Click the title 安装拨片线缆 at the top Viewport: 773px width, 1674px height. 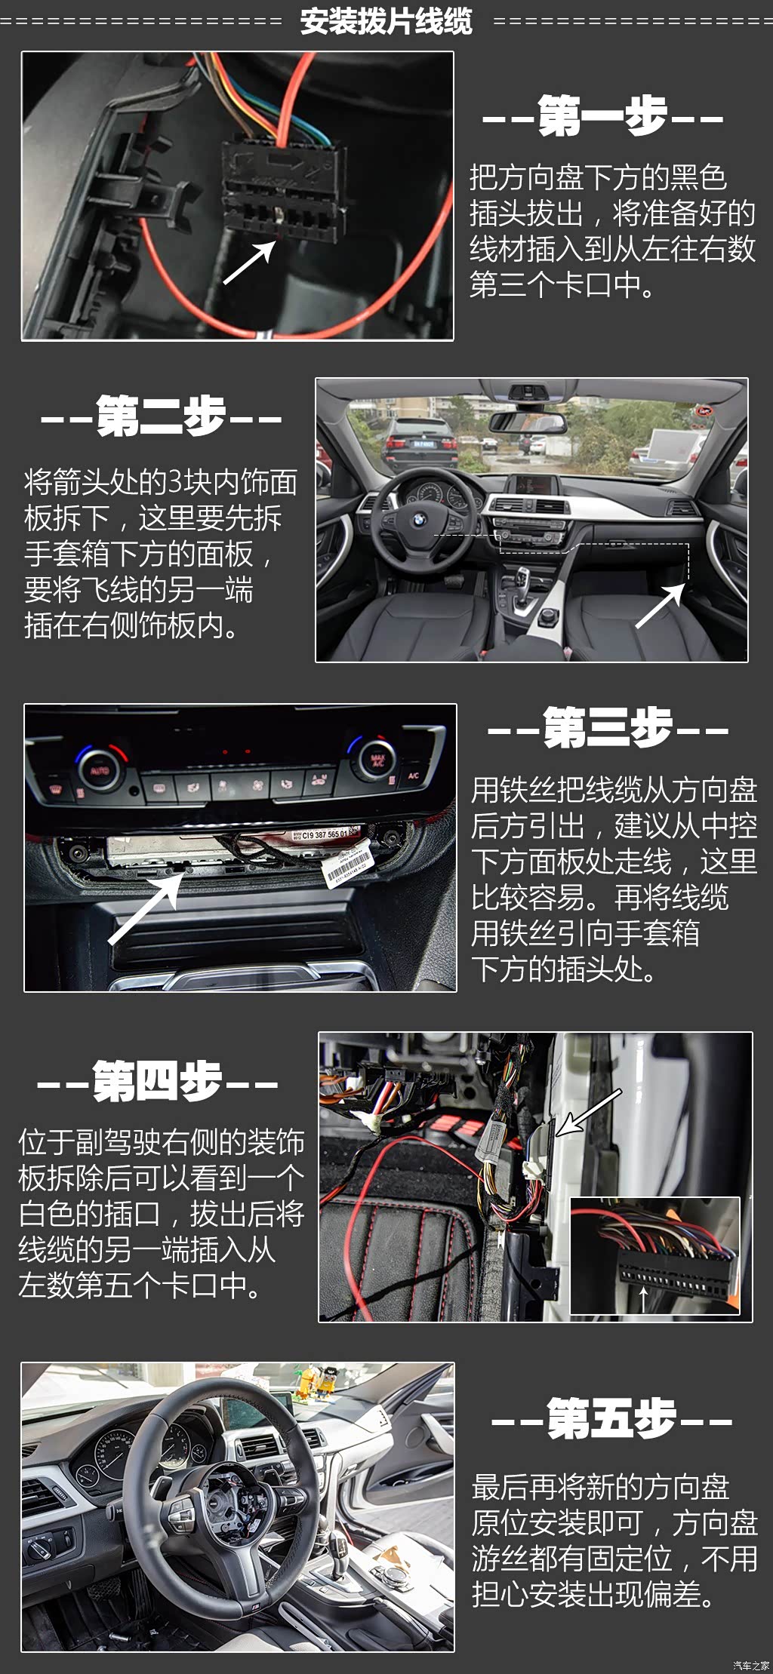[386, 21]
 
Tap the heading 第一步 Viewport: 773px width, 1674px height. [602, 116]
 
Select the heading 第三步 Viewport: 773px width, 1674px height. [608, 728]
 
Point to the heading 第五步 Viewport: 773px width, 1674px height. [611, 1418]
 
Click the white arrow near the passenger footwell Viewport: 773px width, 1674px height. [661, 605]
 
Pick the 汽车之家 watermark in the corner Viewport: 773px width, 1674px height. [750, 1665]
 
